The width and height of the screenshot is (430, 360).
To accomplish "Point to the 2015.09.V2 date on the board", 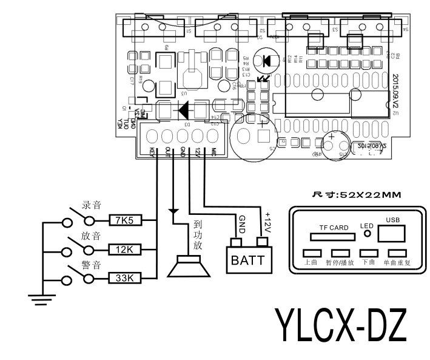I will pos(395,92).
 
